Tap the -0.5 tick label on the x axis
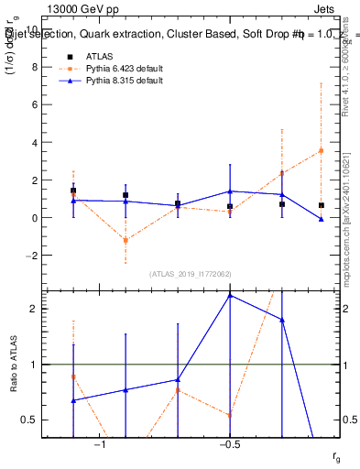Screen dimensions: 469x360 coord(228,444)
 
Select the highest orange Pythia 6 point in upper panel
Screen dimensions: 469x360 coord(322,150)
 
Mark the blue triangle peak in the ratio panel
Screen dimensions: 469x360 coord(230,295)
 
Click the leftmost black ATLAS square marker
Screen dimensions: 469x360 coord(73,191)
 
